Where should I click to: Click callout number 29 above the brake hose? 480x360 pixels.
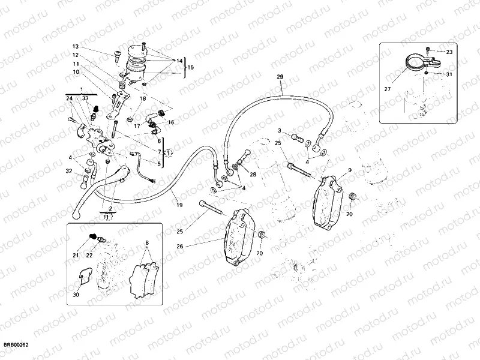tap(279, 77)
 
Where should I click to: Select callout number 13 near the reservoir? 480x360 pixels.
tap(76, 46)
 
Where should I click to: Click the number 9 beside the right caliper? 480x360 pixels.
tap(349, 171)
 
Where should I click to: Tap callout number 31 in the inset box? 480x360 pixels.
tap(449, 74)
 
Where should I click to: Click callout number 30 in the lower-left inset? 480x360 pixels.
tap(76, 295)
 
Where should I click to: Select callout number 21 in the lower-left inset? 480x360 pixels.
tap(76, 256)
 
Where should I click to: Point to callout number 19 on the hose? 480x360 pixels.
tap(179, 205)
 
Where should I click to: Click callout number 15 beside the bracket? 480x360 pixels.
tap(191, 67)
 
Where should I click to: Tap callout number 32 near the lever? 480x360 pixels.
tap(69, 172)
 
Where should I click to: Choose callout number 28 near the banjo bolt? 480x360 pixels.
tap(253, 174)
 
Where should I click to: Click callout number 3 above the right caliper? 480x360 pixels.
tap(279, 130)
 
